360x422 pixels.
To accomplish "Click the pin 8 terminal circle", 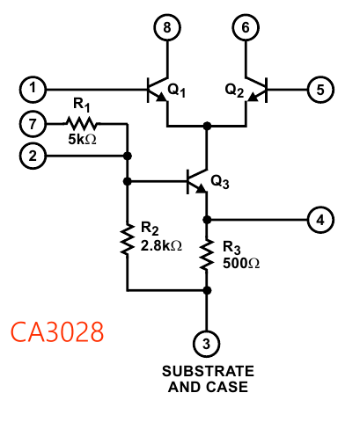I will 166,28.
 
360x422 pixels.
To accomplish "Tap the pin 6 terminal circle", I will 246,28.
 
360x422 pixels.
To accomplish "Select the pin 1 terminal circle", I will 33,88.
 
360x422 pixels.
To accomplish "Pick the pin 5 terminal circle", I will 319,88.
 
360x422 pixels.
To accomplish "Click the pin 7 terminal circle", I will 33,124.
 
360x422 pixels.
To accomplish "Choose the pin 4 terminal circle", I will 319,219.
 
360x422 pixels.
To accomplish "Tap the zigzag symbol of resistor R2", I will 128,237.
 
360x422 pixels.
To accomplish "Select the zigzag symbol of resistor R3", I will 207,254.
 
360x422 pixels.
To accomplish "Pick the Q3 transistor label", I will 219,184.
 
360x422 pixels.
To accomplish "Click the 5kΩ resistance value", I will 82,140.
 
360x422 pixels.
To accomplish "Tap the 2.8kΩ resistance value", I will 161,246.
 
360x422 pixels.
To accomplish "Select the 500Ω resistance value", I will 239,262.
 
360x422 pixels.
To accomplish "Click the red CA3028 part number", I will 56,332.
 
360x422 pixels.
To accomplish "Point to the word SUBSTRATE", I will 207,370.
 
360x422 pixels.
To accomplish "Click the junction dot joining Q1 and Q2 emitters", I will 207,126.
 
